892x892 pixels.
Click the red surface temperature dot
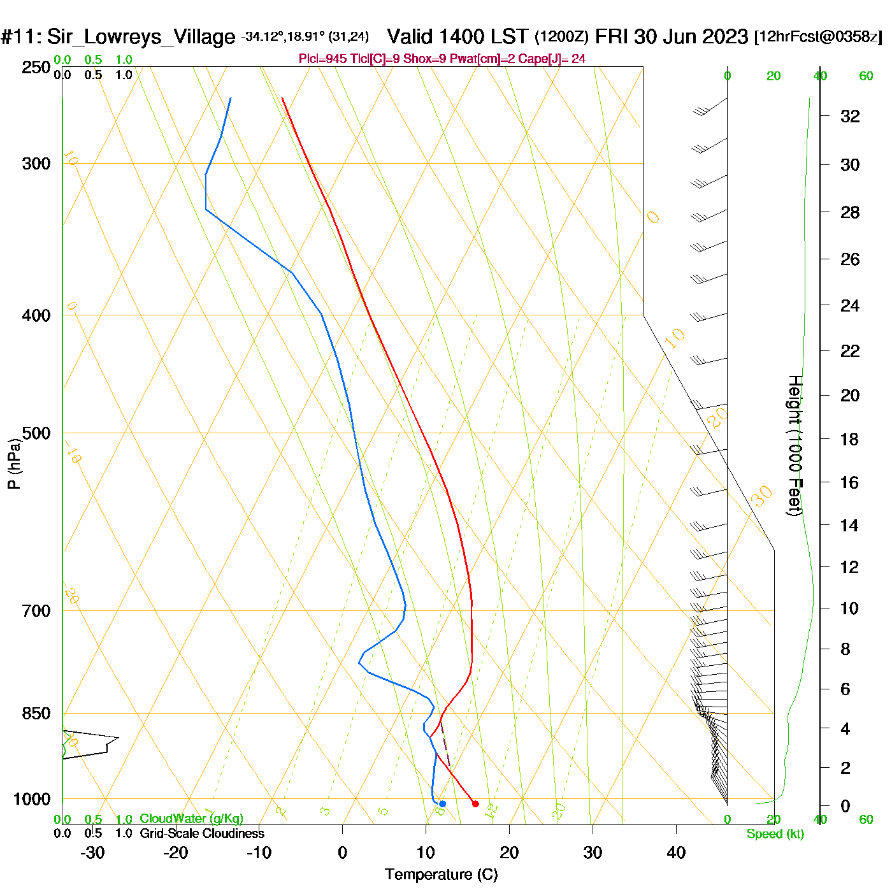point(475,804)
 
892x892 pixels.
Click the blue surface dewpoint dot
point(443,804)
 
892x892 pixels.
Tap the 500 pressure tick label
point(36,433)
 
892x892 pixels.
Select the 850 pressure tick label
point(36,714)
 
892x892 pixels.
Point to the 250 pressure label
point(36,68)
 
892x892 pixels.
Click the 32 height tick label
point(850,116)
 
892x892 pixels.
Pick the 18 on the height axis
point(849,439)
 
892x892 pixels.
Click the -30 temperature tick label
point(92,852)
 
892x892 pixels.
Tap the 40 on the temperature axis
point(676,852)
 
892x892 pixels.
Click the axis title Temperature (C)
point(441,875)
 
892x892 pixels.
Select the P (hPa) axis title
point(14,464)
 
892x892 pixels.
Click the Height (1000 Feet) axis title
point(795,445)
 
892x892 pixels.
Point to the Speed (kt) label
point(775,834)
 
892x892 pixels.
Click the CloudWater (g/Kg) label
point(191,819)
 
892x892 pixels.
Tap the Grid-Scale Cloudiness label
point(202,833)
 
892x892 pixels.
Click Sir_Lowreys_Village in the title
point(141,37)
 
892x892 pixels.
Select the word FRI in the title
point(612,36)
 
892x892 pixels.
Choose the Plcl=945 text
point(323,59)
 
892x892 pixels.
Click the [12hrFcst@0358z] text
point(818,37)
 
